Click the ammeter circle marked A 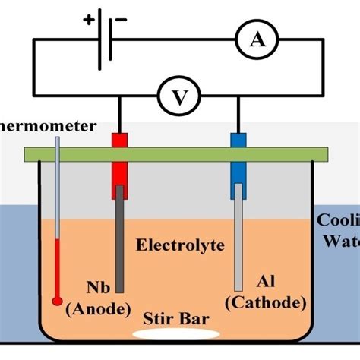[259, 44]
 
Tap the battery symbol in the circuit [106, 43]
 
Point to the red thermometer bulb [57, 301]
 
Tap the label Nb [97, 288]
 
